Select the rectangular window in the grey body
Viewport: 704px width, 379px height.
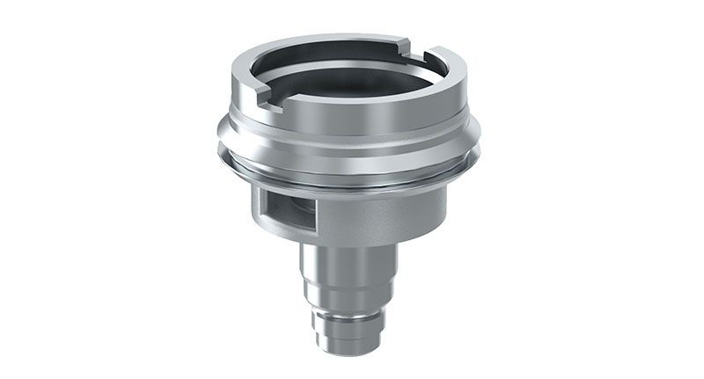(x=285, y=208)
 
